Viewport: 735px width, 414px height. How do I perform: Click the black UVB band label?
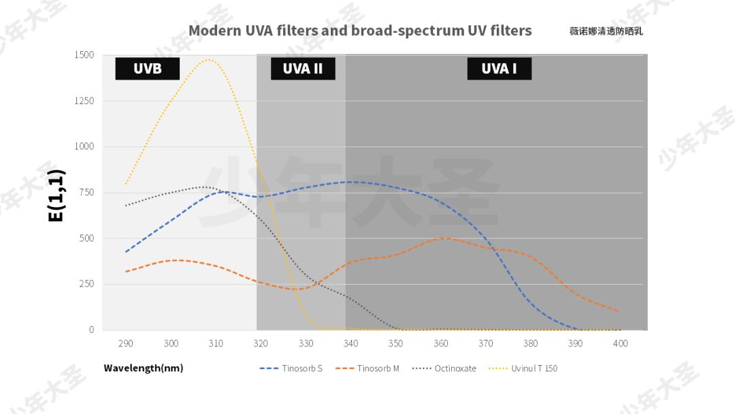pos(147,69)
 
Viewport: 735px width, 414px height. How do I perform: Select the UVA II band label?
pos(303,69)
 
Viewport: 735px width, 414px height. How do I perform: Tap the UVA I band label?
pos(499,69)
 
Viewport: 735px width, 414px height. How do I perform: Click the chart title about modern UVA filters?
pos(360,31)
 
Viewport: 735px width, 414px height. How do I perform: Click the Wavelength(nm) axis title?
pos(143,368)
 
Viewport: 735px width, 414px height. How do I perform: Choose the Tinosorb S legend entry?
pos(291,368)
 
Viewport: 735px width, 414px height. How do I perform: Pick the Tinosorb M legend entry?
pos(367,368)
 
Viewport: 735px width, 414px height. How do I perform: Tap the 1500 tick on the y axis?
pos(84,54)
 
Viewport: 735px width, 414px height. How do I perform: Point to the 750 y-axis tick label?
pos(86,192)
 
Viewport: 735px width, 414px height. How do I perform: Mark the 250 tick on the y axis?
pos(86,284)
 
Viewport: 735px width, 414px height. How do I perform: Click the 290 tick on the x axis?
pos(125,343)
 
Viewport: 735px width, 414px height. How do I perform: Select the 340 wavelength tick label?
pos(350,343)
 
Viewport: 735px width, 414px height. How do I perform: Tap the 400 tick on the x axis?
pos(620,343)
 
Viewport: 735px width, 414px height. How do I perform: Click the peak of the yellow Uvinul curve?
pos(208,60)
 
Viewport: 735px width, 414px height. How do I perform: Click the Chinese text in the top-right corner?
pos(606,31)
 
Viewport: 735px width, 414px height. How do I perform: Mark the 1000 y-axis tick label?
pos(84,146)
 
